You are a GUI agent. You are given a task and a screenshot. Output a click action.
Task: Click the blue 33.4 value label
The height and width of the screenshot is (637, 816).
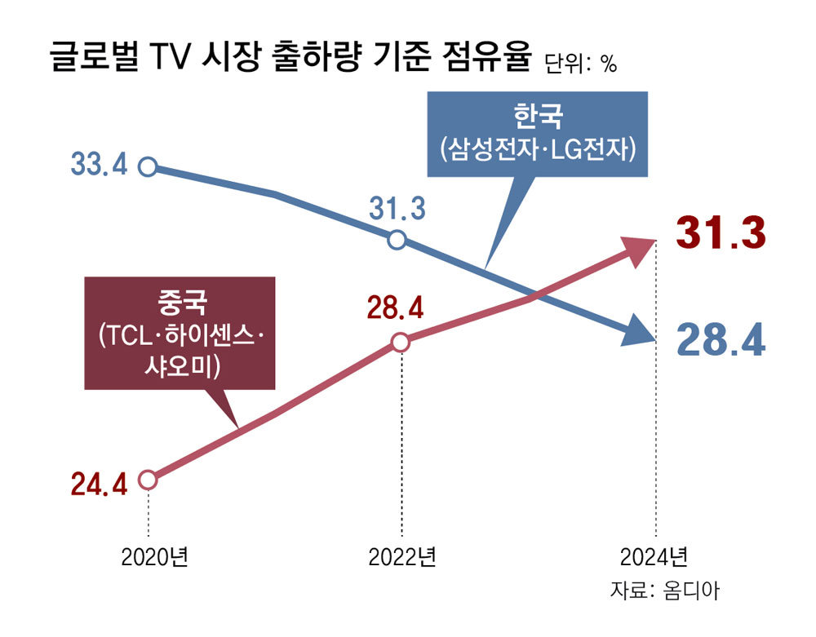tap(100, 166)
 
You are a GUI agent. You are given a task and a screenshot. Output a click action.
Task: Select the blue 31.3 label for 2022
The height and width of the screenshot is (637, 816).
tap(397, 210)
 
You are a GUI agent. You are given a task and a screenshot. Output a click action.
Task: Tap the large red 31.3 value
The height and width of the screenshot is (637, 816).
tap(721, 232)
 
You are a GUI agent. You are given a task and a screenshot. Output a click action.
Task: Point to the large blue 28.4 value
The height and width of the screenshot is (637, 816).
tap(721, 342)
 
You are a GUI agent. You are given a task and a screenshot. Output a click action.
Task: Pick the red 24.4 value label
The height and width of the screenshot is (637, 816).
tap(99, 485)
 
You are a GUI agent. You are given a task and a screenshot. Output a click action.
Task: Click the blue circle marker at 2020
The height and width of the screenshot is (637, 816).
tap(148, 167)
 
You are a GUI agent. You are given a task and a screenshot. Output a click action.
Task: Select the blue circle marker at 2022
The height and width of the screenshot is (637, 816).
tap(397, 241)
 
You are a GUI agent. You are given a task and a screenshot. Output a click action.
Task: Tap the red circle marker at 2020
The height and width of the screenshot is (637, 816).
tap(148, 480)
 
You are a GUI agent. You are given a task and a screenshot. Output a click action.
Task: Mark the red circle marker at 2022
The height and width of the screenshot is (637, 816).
tap(400, 343)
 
